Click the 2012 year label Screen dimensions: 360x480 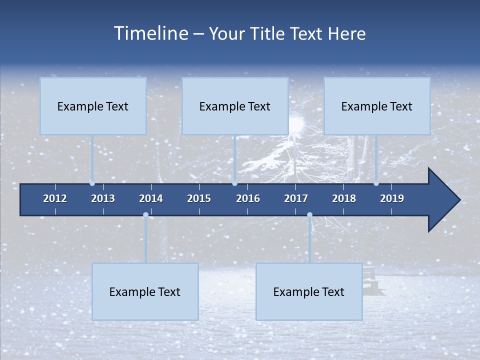pyautogui.click(x=55, y=198)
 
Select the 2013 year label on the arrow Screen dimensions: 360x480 pyautogui.click(x=103, y=198)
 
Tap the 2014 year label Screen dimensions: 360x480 pyautogui.click(x=151, y=198)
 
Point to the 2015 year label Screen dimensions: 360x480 pyautogui.click(x=199, y=198)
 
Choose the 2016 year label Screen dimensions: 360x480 pyautogui.click(x=248, y=198)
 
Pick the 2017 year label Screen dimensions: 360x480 pyautogui.click(x=296, y=198)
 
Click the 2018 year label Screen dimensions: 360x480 pyautogui.click(x=344, y=198)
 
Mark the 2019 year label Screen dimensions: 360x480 pyautogui.click(x=392, y=198)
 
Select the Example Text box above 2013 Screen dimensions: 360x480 pyautogui.click(x=93, y=106)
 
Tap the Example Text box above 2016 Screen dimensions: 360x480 pyautogui.click(x=235, y=106)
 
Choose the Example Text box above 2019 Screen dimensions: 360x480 pyautogui.click(x=377, y=106)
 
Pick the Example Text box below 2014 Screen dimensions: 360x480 pyautogui.click(x=145, y=291)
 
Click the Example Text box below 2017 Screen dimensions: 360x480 pyautogui.click(x=309, y=291)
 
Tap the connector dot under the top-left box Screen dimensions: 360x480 pyautogui.click(x=92, y=183)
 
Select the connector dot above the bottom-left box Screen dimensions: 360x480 pyautogui.click(x=145, y=215)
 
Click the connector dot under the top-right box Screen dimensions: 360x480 pyautogui.click(x=376, y=183)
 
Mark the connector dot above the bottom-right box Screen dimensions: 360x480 pyautogui.click(x=309, y=215)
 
